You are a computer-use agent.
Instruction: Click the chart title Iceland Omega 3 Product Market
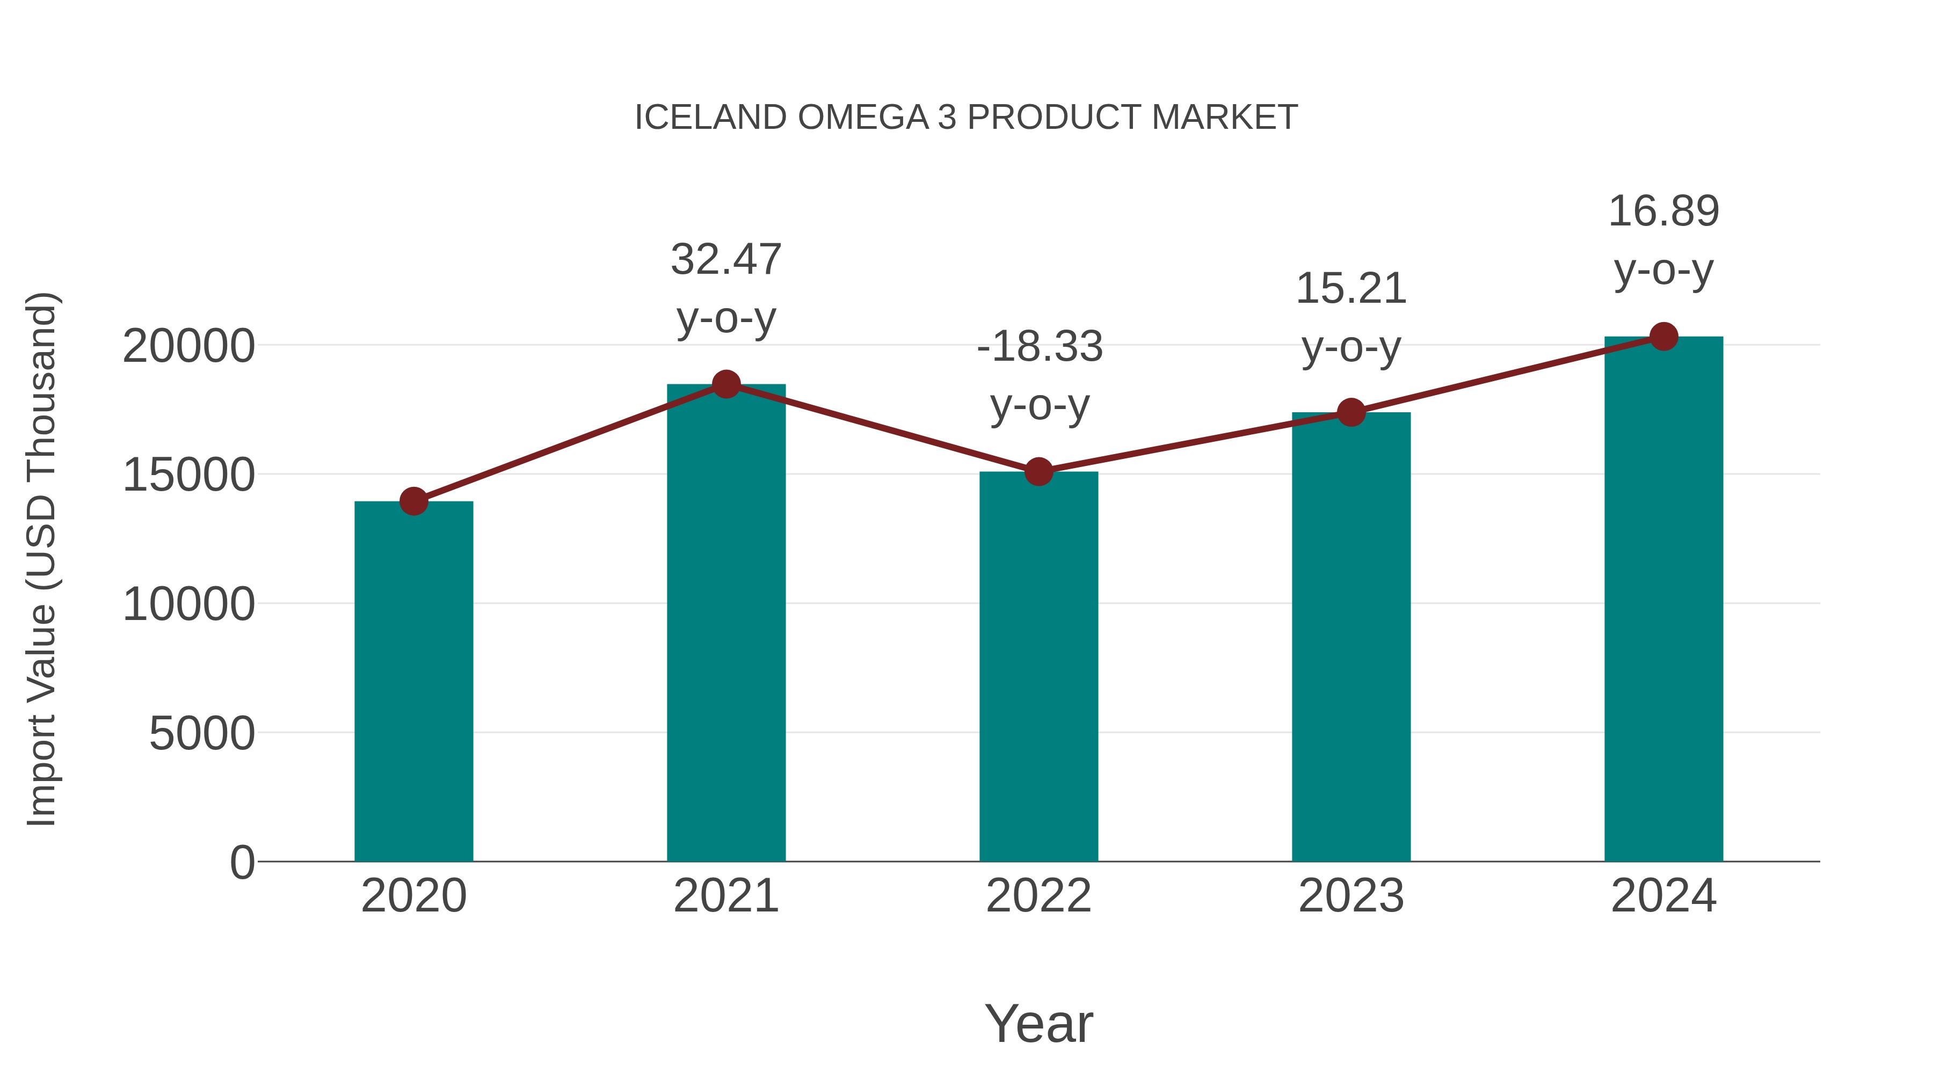click(966, 118)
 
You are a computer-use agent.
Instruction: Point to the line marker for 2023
click(1351, 412)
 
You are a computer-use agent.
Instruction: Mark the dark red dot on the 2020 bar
click(413, 501)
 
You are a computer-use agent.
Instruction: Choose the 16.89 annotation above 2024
click(1663, 239)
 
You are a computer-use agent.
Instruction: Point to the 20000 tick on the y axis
click(188, 347)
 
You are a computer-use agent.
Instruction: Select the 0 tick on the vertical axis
click(242, 862)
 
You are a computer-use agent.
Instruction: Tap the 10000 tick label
click(188, 604)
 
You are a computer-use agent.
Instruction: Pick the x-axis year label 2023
click(1351, 896)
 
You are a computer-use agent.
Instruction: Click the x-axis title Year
click(1038, 1023)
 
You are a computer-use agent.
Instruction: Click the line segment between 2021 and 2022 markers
click(882, 428)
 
